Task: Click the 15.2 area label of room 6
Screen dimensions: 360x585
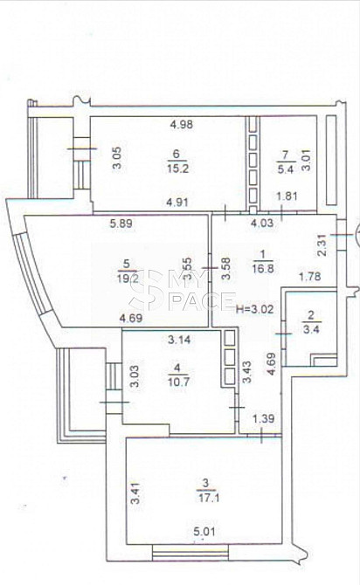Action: [x=178, y=169]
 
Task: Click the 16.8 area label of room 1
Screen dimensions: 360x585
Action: [x=263, y=268]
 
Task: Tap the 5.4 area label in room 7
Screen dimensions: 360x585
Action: [x=286, y=169]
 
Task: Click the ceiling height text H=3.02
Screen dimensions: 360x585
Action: [x=255, y=309]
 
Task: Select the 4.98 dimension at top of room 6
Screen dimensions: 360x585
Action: [x=182, y=124]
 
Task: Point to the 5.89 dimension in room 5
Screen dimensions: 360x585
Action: [x=121, y=224]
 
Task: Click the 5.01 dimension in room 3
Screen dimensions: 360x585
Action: [x=204, y=531]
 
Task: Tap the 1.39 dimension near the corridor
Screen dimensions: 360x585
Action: [x=264, y=418]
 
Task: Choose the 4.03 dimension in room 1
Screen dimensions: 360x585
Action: [x=262, y=224]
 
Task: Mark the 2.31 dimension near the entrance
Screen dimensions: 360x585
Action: [x=322, y=244]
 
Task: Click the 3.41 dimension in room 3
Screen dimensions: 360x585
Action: [x=135, y=493]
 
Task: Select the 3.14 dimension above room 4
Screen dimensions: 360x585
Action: [x=179, y=340]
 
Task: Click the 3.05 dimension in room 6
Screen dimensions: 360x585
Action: [x=117, y=158]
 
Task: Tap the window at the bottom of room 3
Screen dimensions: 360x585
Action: [x=190, y=552]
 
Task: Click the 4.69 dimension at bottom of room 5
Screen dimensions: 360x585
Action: [x=131, y=319]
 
